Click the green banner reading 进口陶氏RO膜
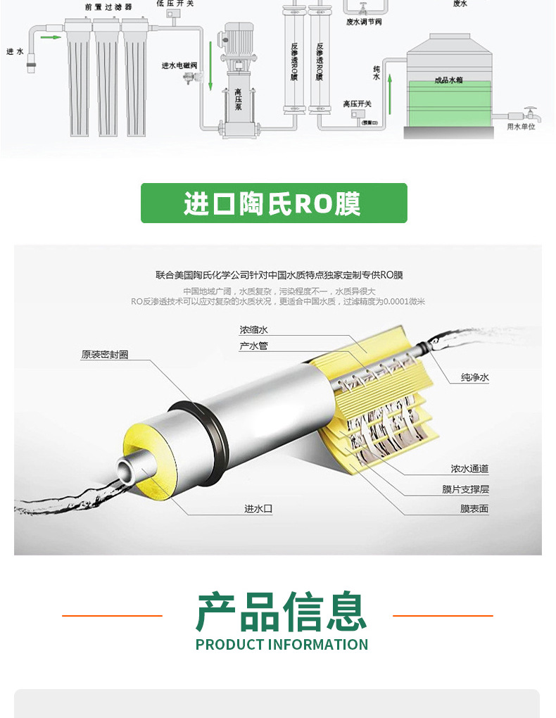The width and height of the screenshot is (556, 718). (x=274, y=203)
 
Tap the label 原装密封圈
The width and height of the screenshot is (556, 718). (x=104, y=355)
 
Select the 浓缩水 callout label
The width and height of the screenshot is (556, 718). (x=253, y=329)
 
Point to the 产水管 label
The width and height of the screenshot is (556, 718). (x=253, y=346)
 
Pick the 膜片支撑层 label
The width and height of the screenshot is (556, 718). (x=465, y=489)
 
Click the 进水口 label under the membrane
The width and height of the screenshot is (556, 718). (x=258, y=509)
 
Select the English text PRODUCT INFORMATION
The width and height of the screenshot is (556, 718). (x=282, y=644)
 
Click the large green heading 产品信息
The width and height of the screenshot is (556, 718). (x=282, y=612)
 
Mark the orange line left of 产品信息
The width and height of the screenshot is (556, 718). (x=112, y=616)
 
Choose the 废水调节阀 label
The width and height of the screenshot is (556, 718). (x=364, y=21)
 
